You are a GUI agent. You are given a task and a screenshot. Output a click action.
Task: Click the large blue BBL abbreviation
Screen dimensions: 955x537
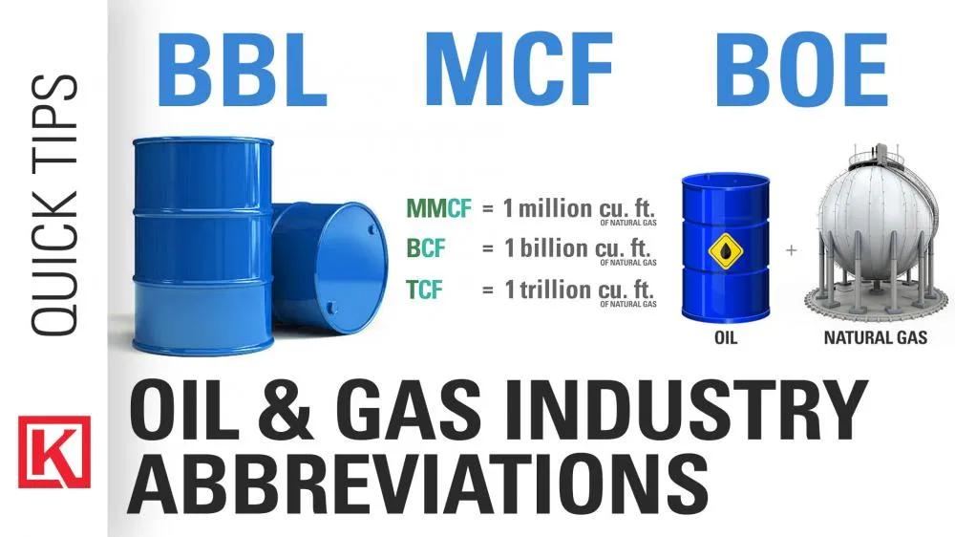243,70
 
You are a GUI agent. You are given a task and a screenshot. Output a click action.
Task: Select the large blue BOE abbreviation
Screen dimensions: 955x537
801,70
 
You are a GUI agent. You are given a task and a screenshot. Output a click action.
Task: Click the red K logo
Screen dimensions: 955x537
54,452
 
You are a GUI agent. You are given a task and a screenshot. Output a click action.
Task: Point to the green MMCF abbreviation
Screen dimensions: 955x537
438,208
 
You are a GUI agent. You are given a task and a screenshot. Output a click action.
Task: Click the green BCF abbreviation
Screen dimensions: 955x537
426,248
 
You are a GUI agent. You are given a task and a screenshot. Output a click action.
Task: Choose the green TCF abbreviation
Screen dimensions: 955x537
424,290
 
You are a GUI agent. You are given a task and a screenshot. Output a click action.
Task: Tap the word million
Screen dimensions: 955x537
555,208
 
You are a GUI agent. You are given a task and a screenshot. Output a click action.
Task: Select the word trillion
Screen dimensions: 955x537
556,289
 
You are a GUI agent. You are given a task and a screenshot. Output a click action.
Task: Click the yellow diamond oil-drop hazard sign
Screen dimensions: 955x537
726,250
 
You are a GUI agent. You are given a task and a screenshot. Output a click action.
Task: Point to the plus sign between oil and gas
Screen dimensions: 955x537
791,250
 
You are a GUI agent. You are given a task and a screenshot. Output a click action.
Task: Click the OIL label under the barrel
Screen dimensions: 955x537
726,337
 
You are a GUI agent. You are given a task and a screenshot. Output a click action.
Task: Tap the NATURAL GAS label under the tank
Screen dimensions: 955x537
875,337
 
